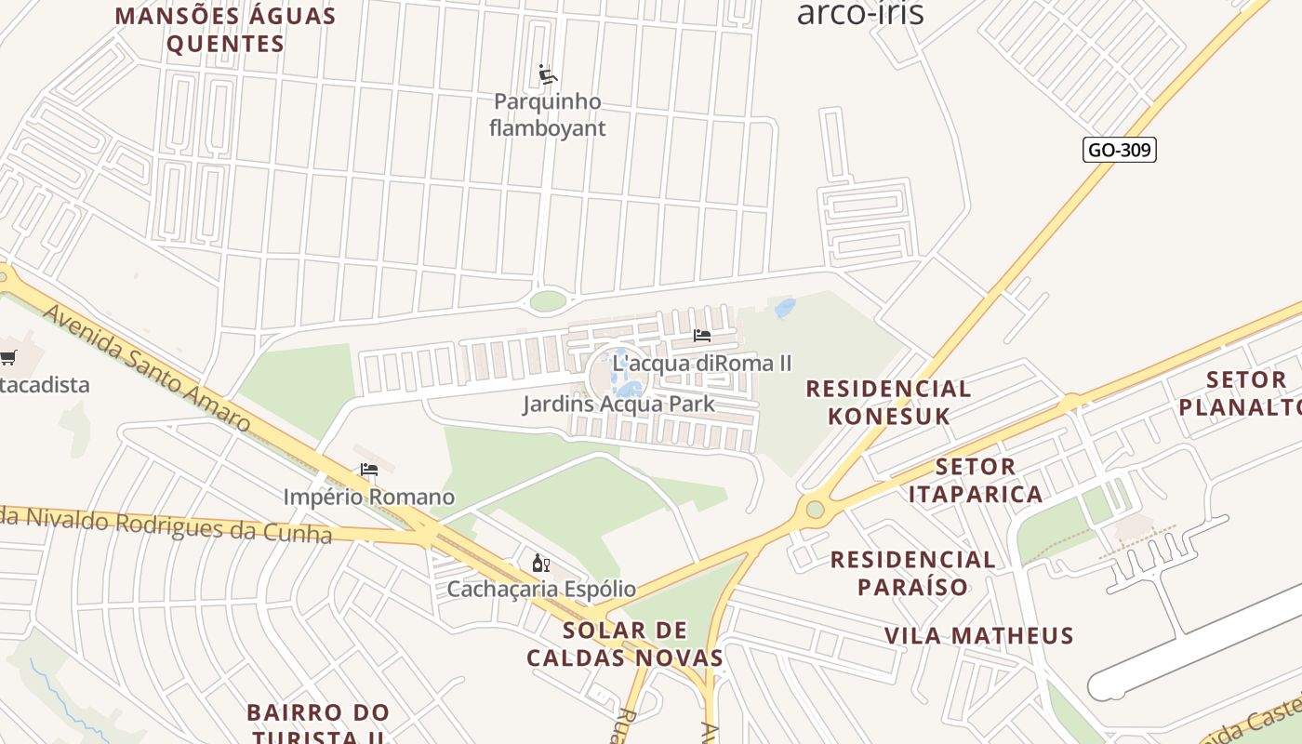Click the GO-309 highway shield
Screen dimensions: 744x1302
[1120, 150]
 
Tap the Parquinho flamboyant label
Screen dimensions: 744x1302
[547, 114]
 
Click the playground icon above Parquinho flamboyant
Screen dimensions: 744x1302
[548, 74]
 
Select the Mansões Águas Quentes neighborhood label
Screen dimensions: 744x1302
[225, 30]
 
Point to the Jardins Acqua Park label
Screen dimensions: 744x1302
[618, 404]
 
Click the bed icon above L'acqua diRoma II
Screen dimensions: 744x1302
[702, 336]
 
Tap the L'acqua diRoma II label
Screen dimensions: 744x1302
[702, 363]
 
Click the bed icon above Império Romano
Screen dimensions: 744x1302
[369, 470]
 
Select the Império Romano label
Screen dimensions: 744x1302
[369, 497]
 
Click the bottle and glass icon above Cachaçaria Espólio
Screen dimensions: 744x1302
[541, 563]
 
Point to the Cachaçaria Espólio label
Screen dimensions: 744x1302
[541, 589]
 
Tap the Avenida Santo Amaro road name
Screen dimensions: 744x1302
[147, 368]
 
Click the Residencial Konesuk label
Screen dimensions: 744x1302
[888, 402]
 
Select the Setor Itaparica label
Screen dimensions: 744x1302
[976, 480]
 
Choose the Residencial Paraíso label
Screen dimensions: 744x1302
[912, 573]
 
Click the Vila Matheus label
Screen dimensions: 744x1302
[978, 636]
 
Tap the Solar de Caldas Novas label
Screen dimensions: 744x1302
[625, 644]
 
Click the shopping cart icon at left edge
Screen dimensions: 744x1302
[8, 357]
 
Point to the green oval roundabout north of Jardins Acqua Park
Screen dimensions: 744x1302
[548, 300]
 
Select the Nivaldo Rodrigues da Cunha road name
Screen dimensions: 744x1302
[167, 525]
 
